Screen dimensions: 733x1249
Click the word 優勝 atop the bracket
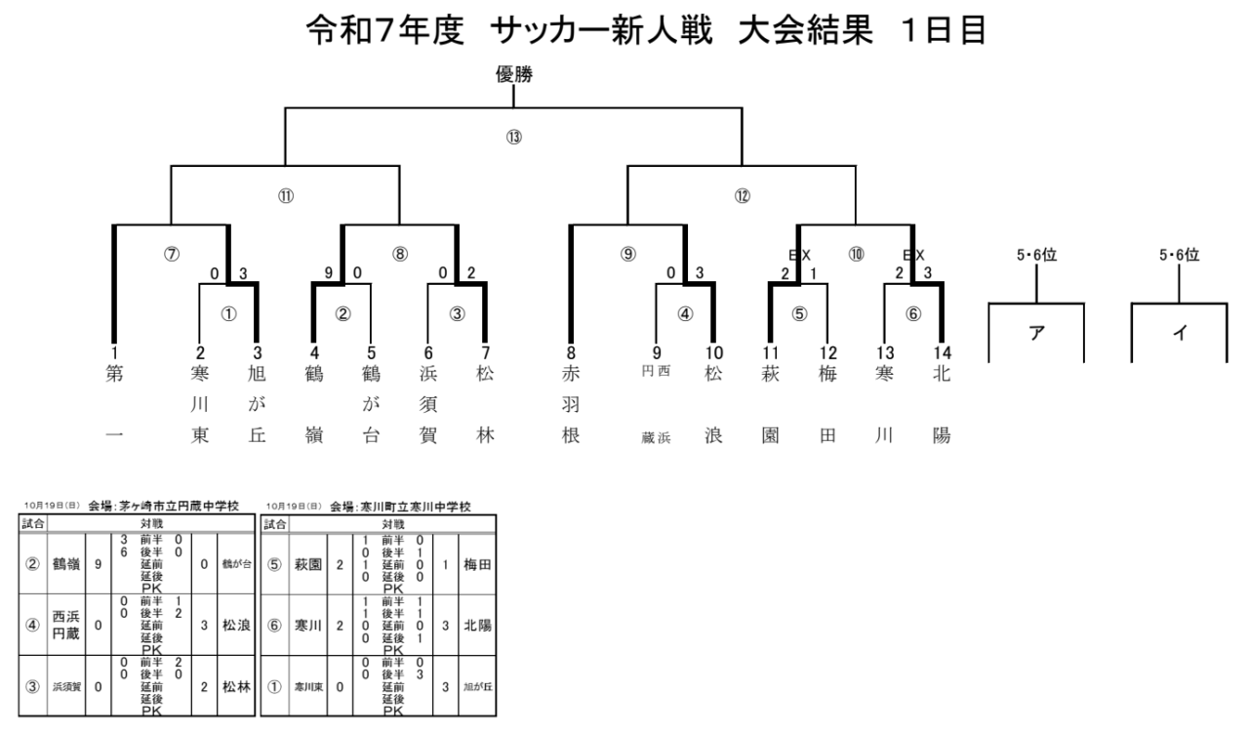click(513, 74)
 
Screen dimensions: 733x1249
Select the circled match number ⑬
click(513, 137)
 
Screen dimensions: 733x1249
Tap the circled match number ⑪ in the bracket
click(286, 196)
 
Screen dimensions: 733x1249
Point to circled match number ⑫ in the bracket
click(742, 196)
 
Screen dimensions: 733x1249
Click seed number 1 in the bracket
click(114, 353)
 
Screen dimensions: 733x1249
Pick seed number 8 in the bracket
click(571, 353)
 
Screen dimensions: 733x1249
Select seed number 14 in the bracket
click(941, 353)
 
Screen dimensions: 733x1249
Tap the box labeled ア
click(1035, 333)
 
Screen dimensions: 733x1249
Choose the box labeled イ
click(1179, 333)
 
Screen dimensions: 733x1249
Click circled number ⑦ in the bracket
click(172, 254)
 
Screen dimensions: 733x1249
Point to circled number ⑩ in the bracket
click(856, 254)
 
